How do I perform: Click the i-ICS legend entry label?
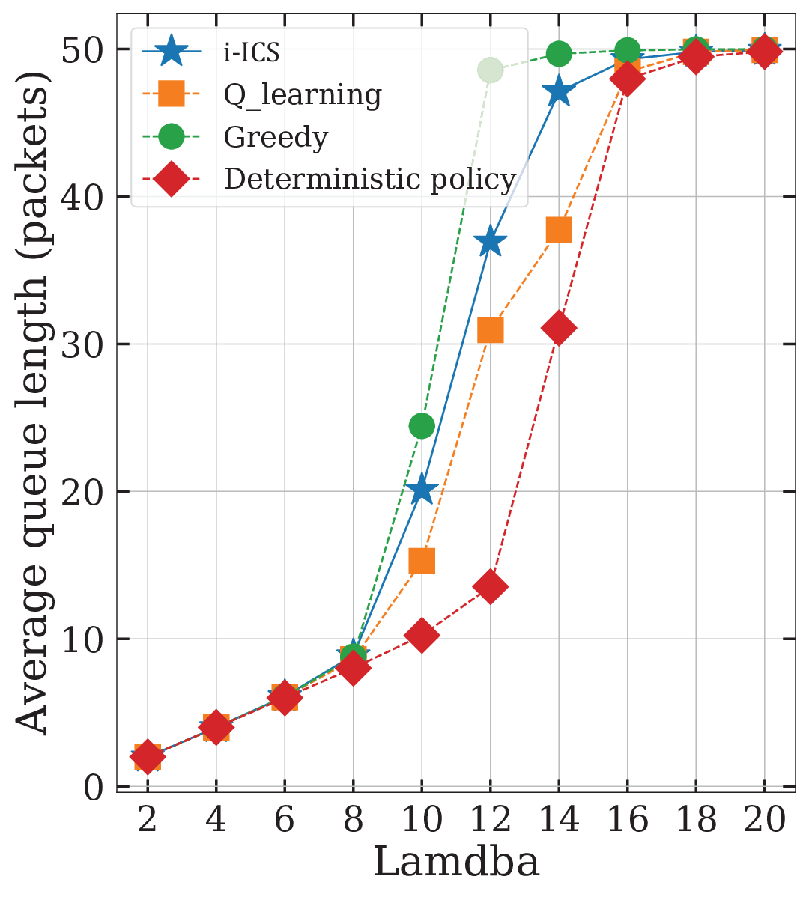coord(251,52)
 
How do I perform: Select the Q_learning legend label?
coord(302,95)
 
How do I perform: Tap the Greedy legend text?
coord(276,137)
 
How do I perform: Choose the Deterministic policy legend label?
coord(370,179)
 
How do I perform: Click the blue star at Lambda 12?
coord(491,243)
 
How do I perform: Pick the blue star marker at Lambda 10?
coord(422,489)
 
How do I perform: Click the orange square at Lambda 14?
coord(559,230)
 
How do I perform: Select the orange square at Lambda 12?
coord(491,330)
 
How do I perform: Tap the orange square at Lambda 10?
coord(422,562)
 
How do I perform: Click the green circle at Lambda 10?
coord(422,425)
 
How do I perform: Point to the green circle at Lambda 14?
coord(559,55)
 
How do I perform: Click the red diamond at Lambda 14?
coord(559,329)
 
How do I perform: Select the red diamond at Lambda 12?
coord(491,586)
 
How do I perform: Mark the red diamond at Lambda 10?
coord(422,635)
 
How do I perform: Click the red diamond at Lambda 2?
coord(148,756)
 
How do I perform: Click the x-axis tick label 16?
coord(628,818)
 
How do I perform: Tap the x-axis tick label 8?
coord(353,818)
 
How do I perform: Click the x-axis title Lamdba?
coord(456,862)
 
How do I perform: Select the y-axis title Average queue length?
coord(32,404)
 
